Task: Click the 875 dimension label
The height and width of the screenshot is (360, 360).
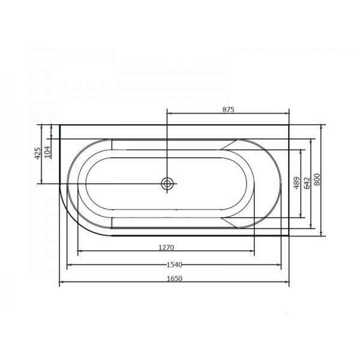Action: coord(229,110)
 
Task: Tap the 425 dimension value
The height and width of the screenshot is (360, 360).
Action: coord(38,153)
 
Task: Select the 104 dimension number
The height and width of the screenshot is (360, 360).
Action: coord(47,152)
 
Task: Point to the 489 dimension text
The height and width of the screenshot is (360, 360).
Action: coord(297,183)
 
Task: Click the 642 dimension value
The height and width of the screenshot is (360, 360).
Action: coord(307,183)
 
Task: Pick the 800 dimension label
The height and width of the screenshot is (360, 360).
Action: coord(317,179)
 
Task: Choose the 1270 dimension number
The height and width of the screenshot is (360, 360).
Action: coord(166,247)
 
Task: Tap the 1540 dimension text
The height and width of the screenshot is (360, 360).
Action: coord(174,265)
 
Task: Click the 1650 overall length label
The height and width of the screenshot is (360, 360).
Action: coord(175,278)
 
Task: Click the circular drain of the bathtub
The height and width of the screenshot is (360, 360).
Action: coord(167,184)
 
